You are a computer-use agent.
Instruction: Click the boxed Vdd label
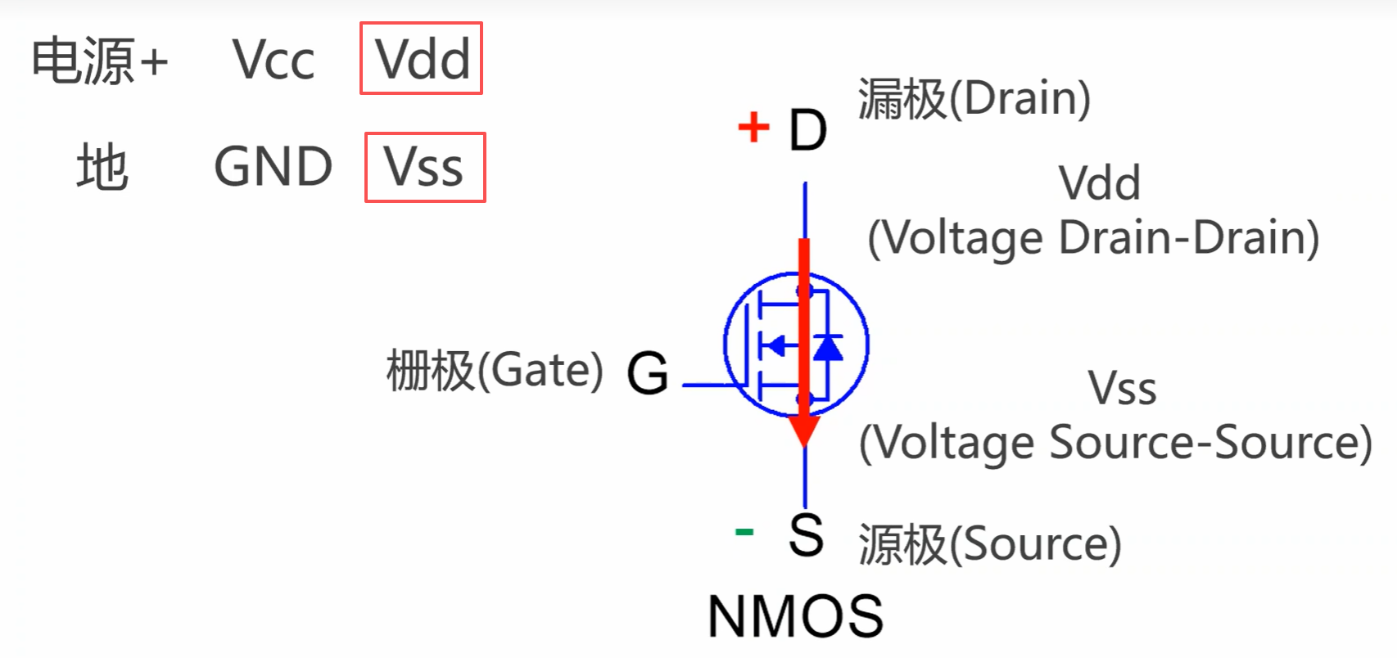[421, 59]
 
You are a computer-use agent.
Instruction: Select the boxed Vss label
[424, 168]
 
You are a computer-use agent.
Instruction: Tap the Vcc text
[274, 60]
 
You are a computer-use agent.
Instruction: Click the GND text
[273, 167]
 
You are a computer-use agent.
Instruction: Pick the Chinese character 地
[102, 167]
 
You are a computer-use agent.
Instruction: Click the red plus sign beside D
[753, 128]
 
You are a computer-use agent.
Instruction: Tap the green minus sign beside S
[744, 533]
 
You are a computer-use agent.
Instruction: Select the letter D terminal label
[807, 130]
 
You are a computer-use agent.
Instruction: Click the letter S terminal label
[806, 535]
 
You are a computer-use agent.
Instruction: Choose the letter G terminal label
[647, 373]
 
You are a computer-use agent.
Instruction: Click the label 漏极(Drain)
[974, 98]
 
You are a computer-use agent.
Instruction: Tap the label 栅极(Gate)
[495, 370]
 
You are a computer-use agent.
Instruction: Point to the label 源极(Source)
[989, 543]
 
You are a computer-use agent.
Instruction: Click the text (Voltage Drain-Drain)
[1093, 238]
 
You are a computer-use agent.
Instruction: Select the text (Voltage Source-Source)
[1115, 443]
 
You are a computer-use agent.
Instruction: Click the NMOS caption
[795, 616]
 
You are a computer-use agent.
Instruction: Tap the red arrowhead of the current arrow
[804, 430]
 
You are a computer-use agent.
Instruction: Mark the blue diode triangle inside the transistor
[828, 347]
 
